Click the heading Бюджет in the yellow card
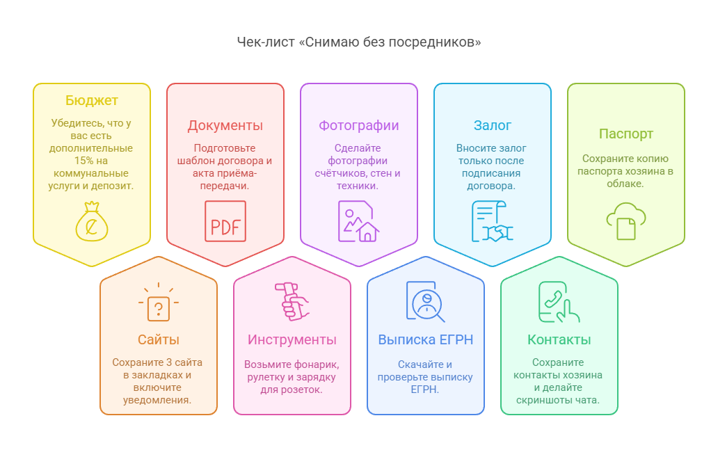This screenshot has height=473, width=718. (92, 100)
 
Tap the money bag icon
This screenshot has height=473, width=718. (92, 221)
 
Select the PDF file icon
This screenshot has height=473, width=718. (225, 221)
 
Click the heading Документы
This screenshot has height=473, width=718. (225, 125)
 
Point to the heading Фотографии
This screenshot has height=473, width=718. (359, 125)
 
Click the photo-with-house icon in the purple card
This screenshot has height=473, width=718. (358, 221)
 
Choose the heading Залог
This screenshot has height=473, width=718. (493, 125)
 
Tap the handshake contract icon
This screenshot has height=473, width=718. (493, 221)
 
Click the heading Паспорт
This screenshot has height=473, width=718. (626, 134)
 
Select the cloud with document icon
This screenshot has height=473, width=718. (626, 221)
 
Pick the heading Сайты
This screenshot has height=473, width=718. (159, 339)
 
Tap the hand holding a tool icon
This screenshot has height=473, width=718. (292, 301)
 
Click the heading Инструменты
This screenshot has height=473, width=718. (292, 339)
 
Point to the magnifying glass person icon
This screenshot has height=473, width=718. (426, 302)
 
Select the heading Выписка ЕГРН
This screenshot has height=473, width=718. (425, 339)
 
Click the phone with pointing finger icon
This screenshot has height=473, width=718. (559, 302)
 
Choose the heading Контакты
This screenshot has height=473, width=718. (559, 339)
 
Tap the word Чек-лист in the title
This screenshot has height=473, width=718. (266, 42)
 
